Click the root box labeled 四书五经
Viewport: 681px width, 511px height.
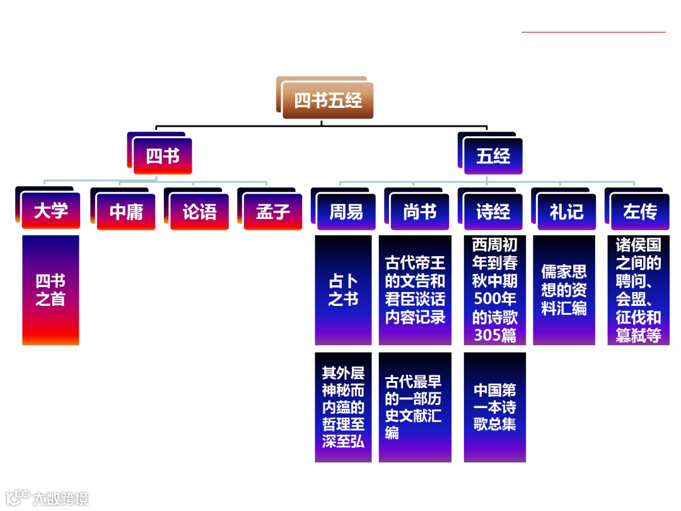[x=327, y=100]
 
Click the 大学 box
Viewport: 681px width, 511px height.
[x=51, y=211]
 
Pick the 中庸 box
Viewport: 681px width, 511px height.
[x=126, y=211]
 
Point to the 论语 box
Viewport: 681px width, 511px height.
[x=200, y=211]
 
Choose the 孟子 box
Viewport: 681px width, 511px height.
[x=273, y=211]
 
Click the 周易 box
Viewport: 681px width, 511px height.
[x=346, y=211]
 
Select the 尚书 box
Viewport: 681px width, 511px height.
[x=420, y=211]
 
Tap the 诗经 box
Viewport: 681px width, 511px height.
[x=493, y=211]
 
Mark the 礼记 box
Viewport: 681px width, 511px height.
[x=566, y=211]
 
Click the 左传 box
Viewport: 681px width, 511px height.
[x=640, y=211]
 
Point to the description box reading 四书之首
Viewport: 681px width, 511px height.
[x=50, y=290]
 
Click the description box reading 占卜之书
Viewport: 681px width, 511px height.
[x=343, y=290]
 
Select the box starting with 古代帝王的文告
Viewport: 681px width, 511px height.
[x=415, y=290]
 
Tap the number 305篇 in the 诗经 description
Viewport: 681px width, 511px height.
[x=495, y=336]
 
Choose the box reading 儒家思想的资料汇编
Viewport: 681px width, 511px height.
[x=564, y=290]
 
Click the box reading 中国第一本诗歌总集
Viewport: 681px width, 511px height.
[x=495, y=407]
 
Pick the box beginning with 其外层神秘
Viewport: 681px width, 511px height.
[x=343, y=407]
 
